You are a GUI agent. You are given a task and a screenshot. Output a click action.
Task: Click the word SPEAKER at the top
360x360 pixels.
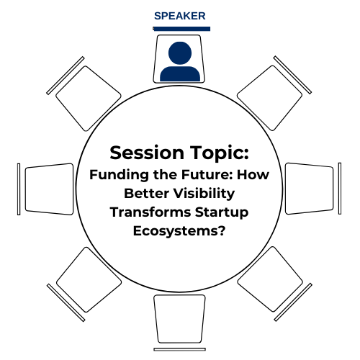180,16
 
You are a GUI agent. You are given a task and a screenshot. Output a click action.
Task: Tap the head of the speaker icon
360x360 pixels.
180,53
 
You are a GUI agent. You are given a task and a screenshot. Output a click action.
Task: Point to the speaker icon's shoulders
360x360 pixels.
180,74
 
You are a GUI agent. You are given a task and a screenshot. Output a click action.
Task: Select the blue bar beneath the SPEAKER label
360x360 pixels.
181,29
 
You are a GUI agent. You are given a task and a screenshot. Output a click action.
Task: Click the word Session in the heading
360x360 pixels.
147,153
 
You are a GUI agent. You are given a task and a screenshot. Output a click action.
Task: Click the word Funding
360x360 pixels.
120,175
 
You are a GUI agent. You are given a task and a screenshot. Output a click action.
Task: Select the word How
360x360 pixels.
253,174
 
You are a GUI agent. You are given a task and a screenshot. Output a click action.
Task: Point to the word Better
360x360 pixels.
146,194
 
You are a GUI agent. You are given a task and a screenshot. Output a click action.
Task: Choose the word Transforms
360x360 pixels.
150,212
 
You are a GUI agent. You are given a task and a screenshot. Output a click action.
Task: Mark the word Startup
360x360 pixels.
222,213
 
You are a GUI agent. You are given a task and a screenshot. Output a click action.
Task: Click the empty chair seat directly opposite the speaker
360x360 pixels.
179,319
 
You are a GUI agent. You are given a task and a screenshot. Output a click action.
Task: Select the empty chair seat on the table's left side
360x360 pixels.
49,189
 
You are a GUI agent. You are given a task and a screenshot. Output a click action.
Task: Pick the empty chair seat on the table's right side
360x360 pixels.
310,189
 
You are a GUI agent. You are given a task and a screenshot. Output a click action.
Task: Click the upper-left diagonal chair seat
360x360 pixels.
89,99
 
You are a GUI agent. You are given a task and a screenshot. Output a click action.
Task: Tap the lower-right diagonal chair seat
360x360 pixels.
270,279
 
